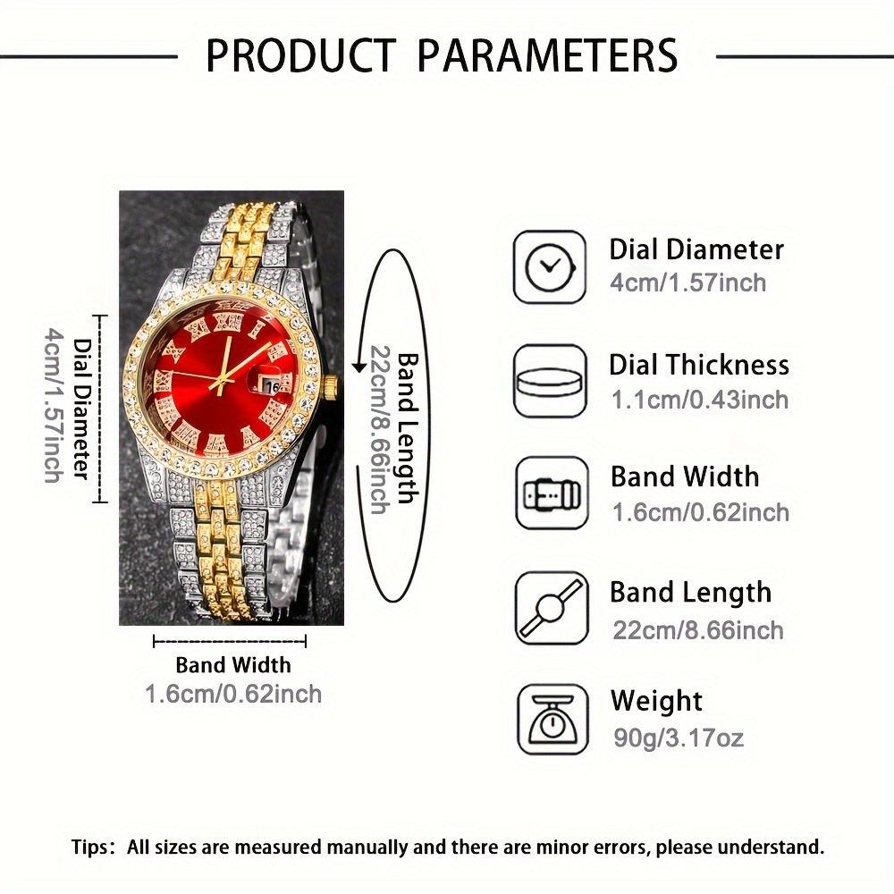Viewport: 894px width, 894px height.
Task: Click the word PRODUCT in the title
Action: point(300,55)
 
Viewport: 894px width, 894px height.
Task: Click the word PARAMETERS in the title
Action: point(547,55)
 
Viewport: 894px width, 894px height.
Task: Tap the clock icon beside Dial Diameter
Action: point(550,266)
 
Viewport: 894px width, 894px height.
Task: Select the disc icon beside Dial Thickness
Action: point(550,381)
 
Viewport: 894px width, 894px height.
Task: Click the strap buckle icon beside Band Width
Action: point(552,493)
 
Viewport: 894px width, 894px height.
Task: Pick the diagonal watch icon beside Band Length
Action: point(552,608)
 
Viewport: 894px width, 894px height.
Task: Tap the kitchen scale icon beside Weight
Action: point(552,720)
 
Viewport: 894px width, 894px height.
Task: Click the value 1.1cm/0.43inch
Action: point(700,400)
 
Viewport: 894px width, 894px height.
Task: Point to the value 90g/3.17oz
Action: point(679,738)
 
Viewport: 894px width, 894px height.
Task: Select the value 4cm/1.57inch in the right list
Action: point(688,283)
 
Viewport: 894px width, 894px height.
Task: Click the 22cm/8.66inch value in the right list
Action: point(698,630)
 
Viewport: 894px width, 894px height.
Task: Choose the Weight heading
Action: point(656,701)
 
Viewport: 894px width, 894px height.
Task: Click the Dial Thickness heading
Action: point(699,365)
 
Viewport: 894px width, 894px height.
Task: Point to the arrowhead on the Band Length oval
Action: point(358,366)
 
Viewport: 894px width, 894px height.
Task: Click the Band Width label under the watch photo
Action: point(233,665)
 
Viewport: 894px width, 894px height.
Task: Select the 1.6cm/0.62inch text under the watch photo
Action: point(233,694)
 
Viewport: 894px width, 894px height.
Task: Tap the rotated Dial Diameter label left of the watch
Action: point(83,409)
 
